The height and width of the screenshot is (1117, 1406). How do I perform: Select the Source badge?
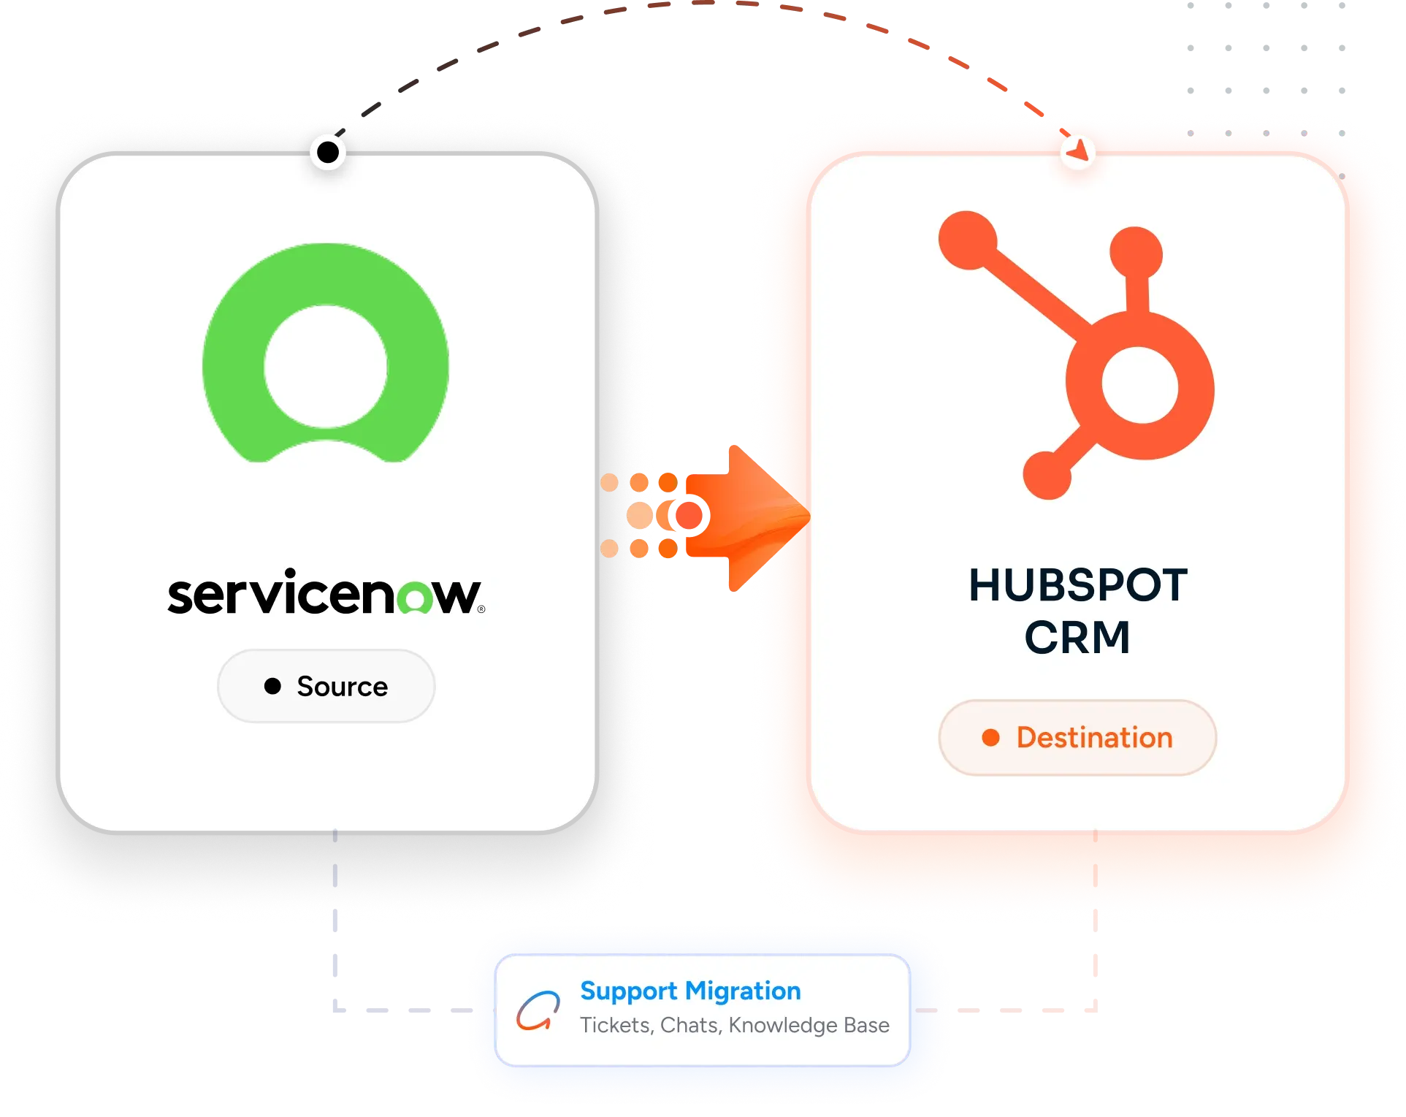pyautogui.click(x=326, y=686)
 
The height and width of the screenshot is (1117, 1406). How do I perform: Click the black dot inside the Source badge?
pyautogui.click(x=272, y=686)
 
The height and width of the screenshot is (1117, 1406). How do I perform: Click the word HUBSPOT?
pyautogui.click(x=1078, y=585)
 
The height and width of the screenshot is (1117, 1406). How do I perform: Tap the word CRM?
pyautogui.click(x=1078, y=638)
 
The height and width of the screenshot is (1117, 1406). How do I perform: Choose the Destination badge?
pyautogui.click(x=1077, y=738)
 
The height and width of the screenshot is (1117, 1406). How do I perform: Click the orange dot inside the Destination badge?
pyautogui.click(x=990, y=738)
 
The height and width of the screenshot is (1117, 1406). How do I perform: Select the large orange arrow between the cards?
pyautogui.click(x=745, y=517)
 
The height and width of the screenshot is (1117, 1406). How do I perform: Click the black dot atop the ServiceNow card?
pyautogui.click(x=328, y=152)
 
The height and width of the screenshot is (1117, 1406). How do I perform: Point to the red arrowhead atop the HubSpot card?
pyautogui.click(x=1078, y=150)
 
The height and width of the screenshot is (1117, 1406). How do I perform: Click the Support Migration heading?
pyautogui.click(x=690, y=991)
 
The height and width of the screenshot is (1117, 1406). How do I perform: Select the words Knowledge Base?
pyautogui.click(x=809, y=1026)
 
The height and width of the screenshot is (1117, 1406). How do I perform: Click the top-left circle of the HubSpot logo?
pyautogui.click(x=968, y=240)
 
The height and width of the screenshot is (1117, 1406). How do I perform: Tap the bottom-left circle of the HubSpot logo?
pyautogui.click(x=1047, y=476)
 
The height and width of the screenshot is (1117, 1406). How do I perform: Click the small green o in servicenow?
pyautogui.click(x=415, y=598)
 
